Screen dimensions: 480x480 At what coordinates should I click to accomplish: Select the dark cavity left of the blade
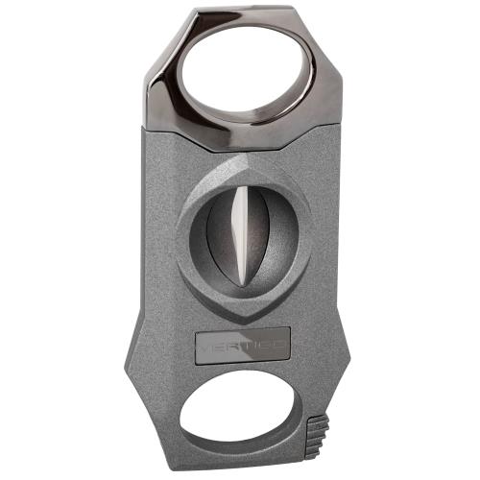(219, 235)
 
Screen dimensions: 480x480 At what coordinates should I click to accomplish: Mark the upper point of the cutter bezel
(243, 156)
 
